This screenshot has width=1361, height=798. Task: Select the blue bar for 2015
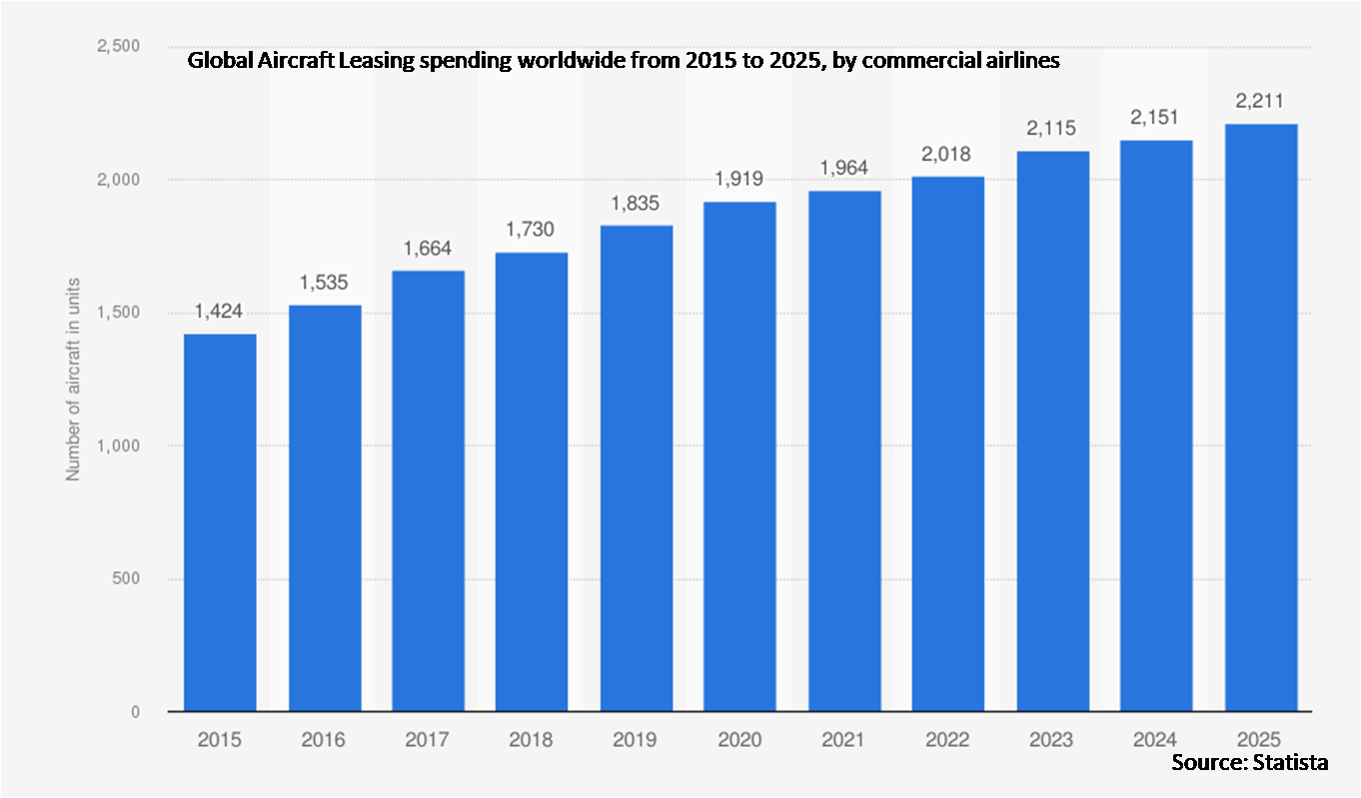pos(220,522)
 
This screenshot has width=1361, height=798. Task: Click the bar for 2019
pos(637,468)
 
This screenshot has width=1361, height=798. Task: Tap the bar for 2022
pos(948,443)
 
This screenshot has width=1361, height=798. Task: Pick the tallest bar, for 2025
pos(1261,417)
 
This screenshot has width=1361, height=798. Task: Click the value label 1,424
pos(219,312)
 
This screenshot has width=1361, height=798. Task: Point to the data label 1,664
pos(428,249)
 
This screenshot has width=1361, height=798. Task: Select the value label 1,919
pos(738,179)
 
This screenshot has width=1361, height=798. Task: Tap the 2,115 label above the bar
pos(1051,128)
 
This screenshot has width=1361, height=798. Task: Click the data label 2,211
pos(1259,101)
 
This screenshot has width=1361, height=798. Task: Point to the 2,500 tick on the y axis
pos(119,46)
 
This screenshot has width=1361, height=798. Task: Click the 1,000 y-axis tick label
pos(119,445)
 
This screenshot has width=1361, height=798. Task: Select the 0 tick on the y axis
pos(136,712)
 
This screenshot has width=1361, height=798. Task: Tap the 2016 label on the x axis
pos(323,740)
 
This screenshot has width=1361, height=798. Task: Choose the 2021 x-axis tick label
pos(843,740)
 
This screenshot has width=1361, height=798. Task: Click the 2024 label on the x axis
pos(1155,740)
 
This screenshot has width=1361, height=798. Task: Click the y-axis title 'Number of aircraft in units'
pos(73,380)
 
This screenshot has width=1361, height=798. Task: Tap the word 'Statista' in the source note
pos(1290,762)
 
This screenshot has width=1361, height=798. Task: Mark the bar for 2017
pos(429,490)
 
